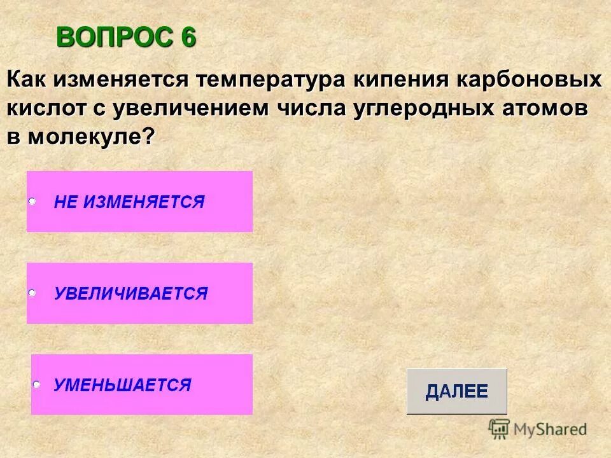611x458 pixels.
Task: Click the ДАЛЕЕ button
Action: (456, 391)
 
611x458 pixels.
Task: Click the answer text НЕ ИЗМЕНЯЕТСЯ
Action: (129, 202)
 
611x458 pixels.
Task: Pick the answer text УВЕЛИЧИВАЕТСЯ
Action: (130, 293)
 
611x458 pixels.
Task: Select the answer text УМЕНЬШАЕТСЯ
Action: (122, 385)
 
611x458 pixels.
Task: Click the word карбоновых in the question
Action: (528, 81)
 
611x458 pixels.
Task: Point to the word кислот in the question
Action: (46, 108)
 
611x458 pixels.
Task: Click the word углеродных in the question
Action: (418, 108)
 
